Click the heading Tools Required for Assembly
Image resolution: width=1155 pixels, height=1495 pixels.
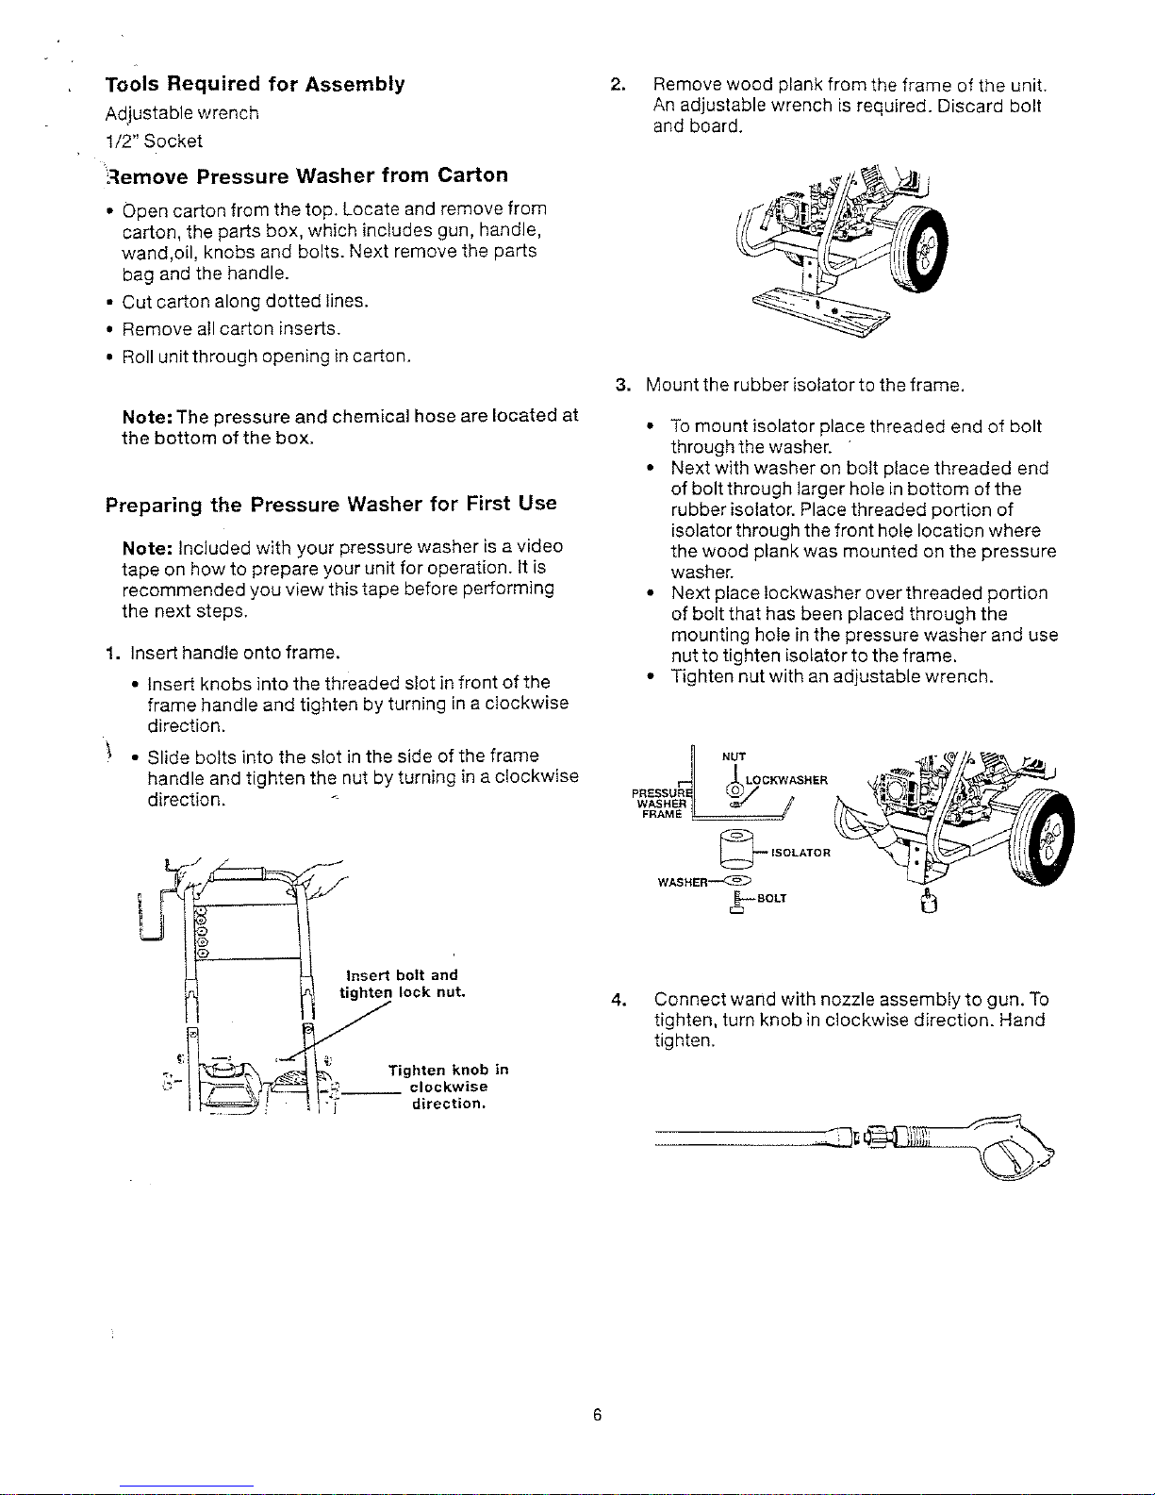click(x=256, y=84)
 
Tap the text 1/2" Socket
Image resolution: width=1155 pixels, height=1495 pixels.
click(x=154, y=141)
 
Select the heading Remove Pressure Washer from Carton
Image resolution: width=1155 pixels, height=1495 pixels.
click(x=307, y=175)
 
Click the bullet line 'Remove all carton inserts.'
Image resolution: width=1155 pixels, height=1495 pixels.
click(x=232, y=329)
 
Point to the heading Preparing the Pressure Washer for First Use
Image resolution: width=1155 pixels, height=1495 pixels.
click(x=331, y=505)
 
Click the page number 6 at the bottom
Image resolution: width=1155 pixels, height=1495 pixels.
click(x=598, y=1415)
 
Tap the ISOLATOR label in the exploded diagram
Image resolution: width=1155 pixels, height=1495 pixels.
click(x=800, y=853)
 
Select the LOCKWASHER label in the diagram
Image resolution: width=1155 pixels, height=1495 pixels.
click(x=786, y=780)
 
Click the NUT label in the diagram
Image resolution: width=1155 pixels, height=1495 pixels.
click(x=734, y=756)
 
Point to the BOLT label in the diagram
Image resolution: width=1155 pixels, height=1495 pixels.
click(x=771, y=898)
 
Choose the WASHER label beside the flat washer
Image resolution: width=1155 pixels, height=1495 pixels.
click(x=682, y=882)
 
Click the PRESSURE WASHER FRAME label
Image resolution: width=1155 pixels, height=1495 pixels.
click(x=661, y=804)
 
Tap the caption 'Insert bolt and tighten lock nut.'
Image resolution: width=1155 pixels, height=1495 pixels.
click(x=403, y=983)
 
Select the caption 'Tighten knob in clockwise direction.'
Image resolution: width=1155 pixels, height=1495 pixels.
click(x=448, y=1087)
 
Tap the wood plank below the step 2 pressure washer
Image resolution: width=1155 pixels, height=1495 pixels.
click(x=821, y=310)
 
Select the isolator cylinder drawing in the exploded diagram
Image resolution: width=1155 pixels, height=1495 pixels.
click(x=736, y=849)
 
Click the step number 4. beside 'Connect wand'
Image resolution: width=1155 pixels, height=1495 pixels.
click(x=619, y=1000)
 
